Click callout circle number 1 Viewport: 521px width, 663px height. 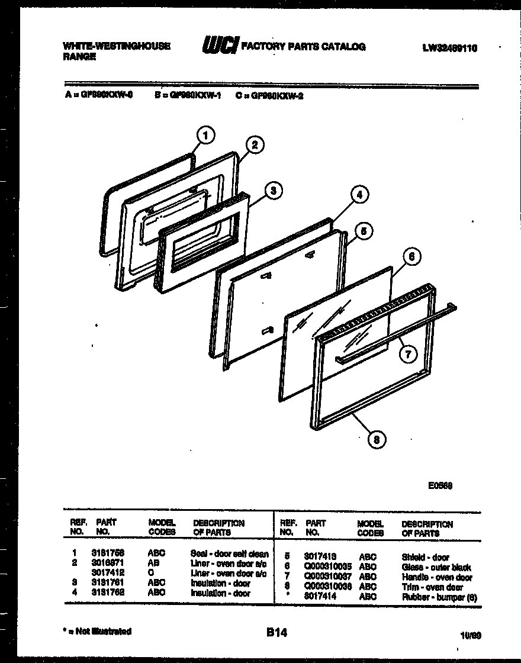click(x=205, y=136)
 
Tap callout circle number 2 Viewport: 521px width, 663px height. click(x=255, y=146)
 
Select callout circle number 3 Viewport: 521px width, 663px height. click(x=272, y=191)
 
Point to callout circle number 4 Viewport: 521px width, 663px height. click(x=358, y=194)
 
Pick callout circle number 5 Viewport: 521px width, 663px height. click(x=365, y=231)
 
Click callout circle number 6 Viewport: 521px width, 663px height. click(x=412, y=257)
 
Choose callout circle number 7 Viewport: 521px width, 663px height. click(x=407, y=354)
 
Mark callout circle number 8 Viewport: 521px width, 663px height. click(x=377, y=439)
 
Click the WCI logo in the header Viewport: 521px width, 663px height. click(x=221, y=46)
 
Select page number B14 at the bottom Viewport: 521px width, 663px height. click(x=276, y=633)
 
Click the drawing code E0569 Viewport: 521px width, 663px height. click(x=440, y=485)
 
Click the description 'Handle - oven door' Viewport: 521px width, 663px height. click(x=436, y=577)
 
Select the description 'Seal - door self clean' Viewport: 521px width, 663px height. click(x=230, y=554)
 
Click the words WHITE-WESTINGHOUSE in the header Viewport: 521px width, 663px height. click(x=116, y=46)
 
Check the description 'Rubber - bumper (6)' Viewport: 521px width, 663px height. click(x=439, y=597)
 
